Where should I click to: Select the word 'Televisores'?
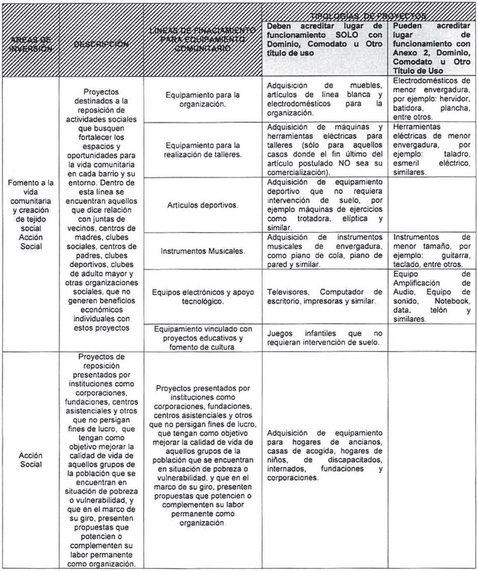[288, 290]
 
